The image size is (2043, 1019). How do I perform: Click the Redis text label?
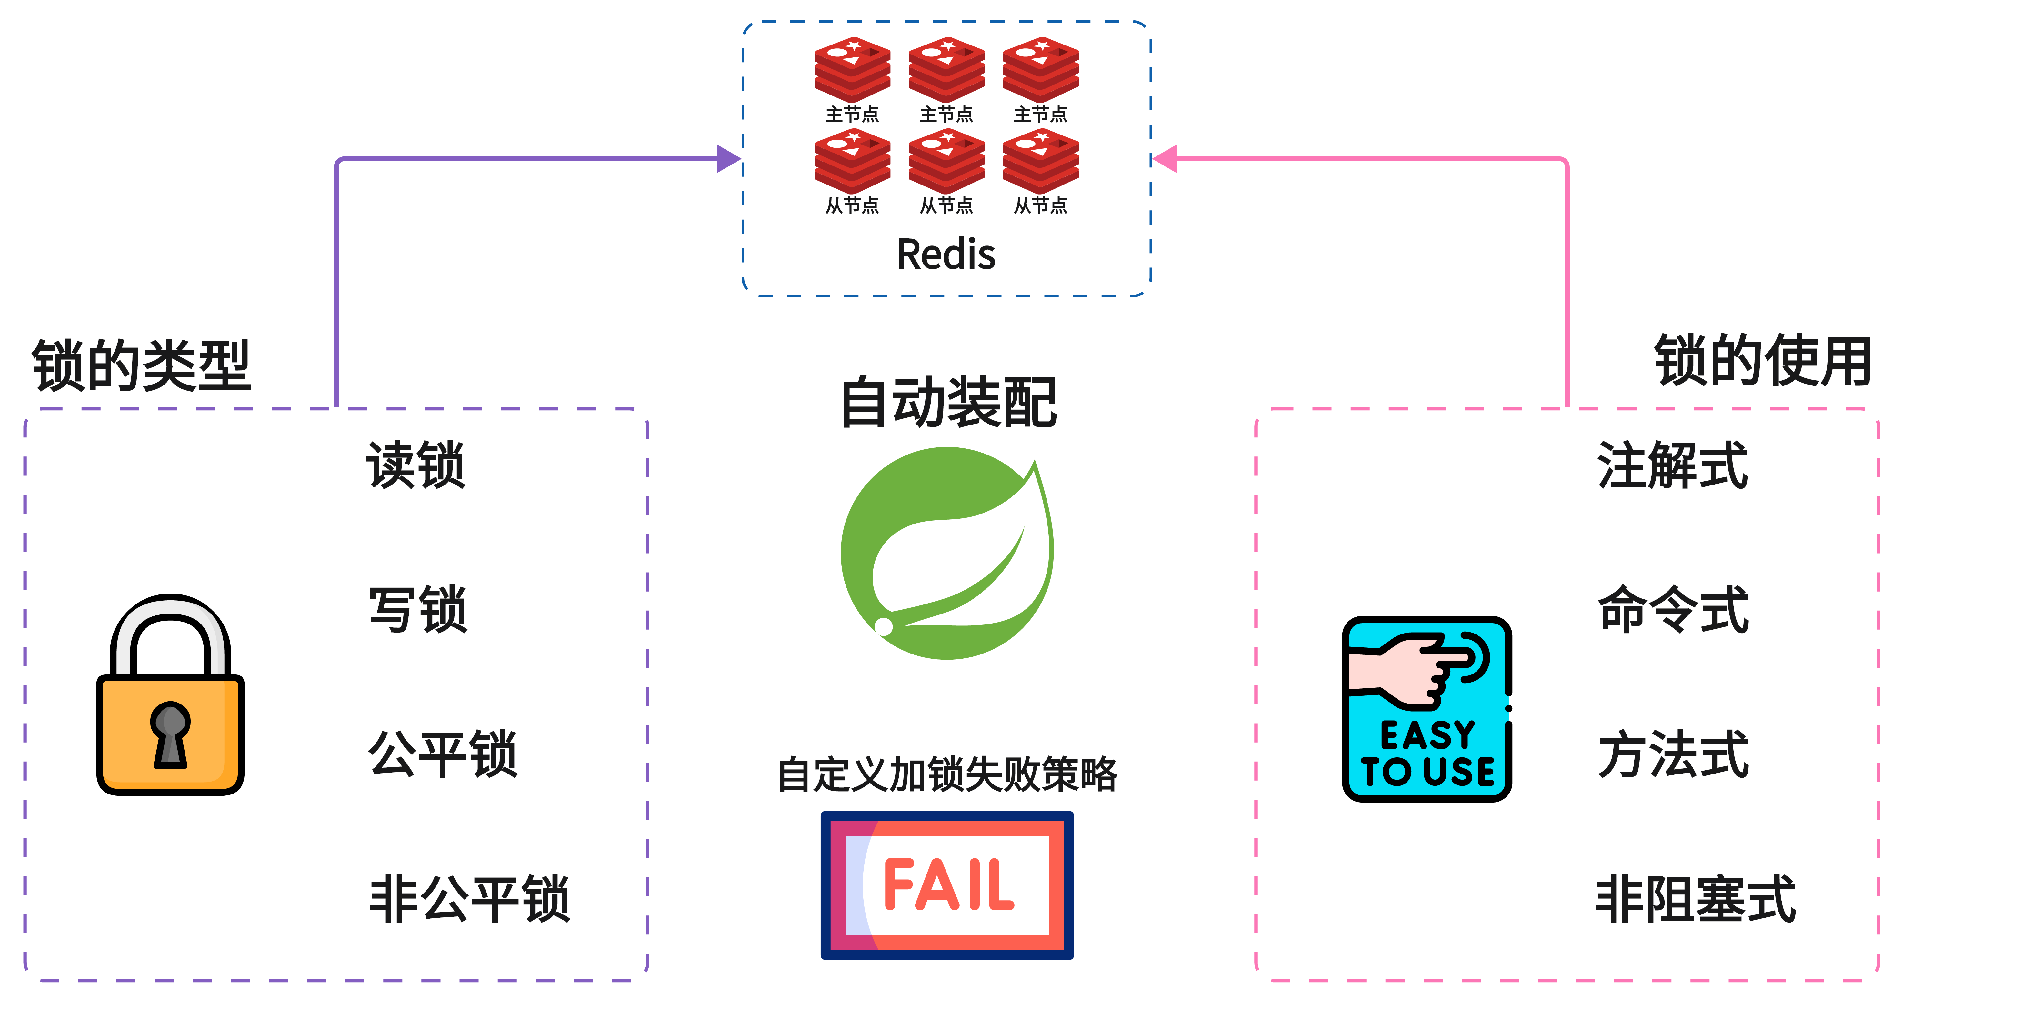946,255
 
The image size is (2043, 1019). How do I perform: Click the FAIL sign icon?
947,885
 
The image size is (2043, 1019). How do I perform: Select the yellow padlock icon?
171,698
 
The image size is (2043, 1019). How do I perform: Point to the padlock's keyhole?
170,734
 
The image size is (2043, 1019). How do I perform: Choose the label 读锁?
416,465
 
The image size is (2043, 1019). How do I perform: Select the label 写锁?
418,610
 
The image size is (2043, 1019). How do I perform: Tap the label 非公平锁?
469,899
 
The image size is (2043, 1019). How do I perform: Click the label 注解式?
1672,465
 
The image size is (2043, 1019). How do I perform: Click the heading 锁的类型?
141,365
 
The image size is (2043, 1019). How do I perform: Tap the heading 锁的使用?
1762,361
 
